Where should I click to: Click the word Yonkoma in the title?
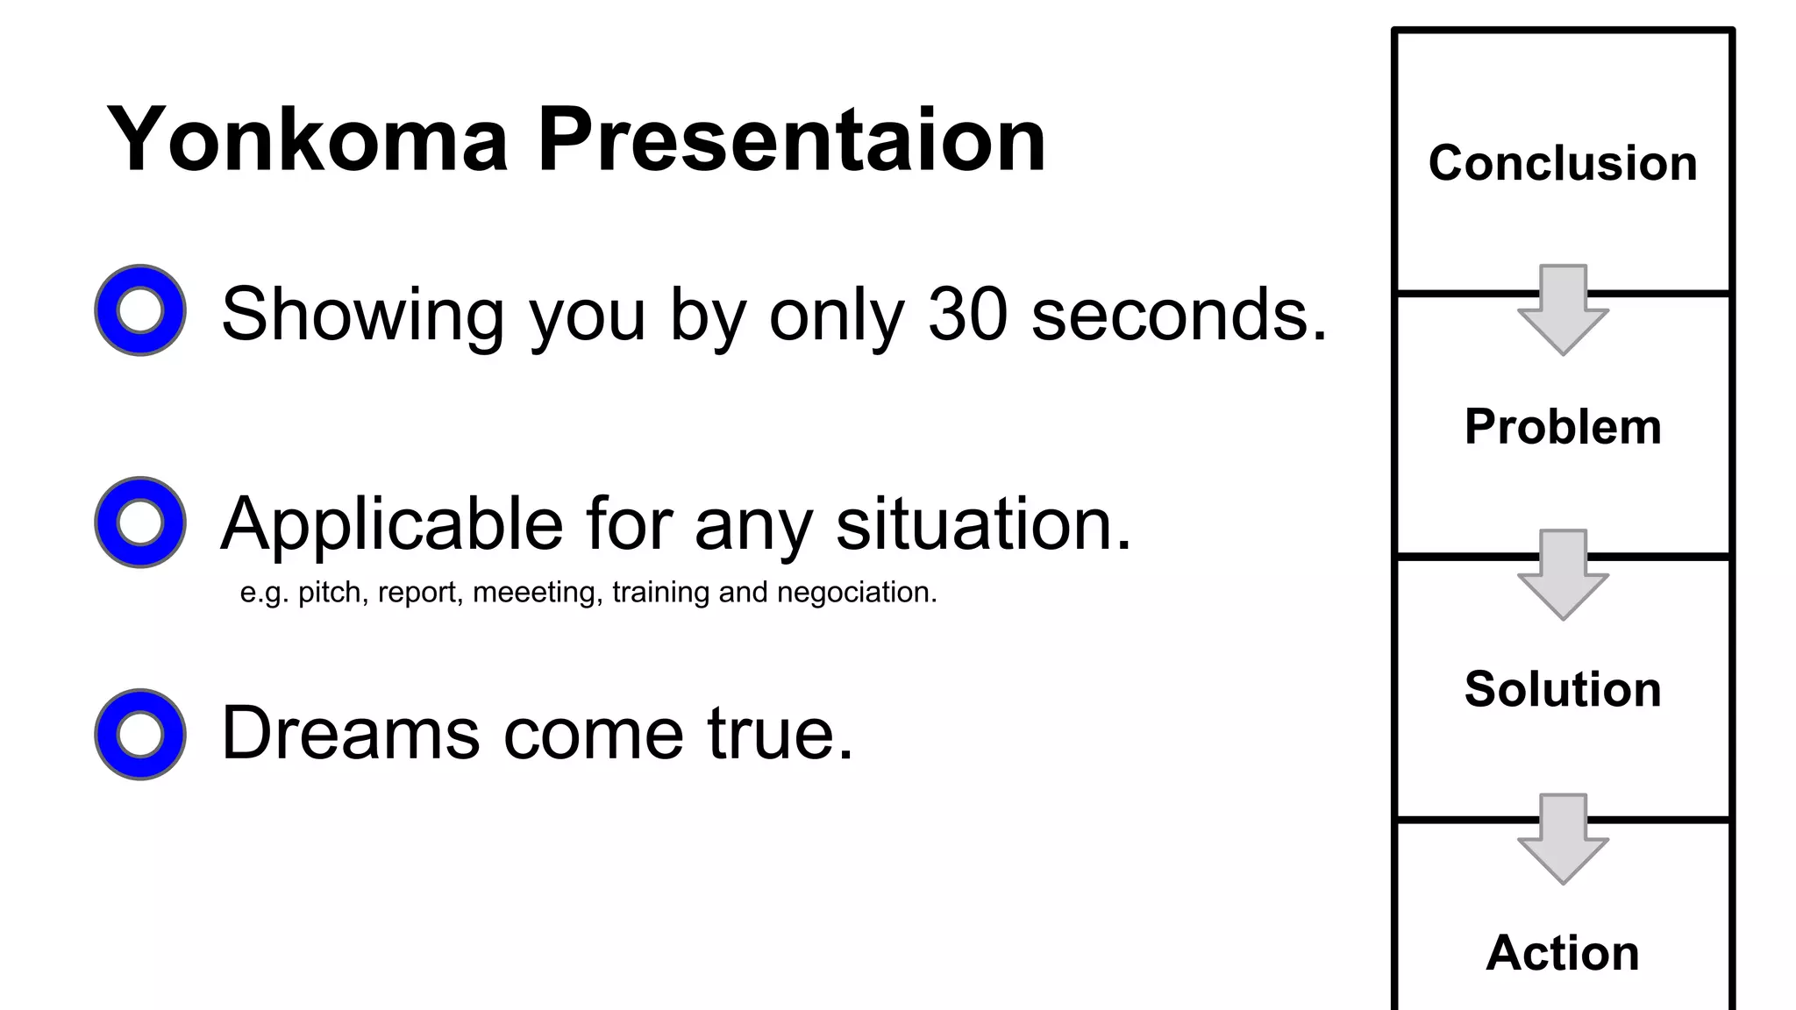click(307, 140)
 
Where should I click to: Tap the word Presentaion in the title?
click(791, 140)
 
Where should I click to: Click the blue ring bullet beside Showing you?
click(140, 310)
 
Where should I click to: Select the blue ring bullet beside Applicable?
click(140, 523)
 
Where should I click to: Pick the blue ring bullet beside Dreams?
click(140, 735)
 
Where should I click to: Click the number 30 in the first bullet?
click(967, 314)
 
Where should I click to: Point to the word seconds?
click(1179, 314)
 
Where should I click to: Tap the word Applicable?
click(391, 524)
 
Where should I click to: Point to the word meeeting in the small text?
click(538, 593)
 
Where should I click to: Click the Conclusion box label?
click(1563, 163)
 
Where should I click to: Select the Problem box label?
click(1563, 427)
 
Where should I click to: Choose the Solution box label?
click(1563, 689)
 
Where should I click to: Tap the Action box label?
click(1563, 953)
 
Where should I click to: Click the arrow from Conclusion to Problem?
click(1563, 310)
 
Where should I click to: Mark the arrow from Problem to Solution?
click(1563, 575)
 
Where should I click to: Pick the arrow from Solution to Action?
click(1563, 839)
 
